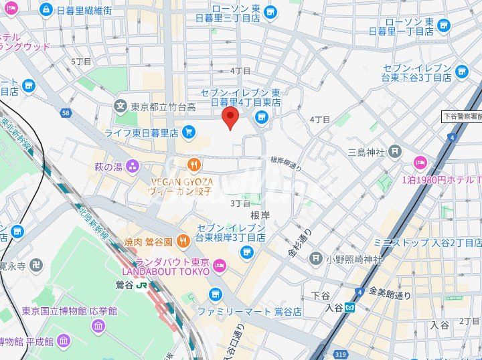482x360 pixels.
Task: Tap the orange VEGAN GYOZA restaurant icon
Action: pyautogui.click(x=193, y=164)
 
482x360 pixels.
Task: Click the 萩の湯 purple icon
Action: pyautogui.click(x=133, y=166)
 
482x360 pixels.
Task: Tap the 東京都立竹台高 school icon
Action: pyautogui.click(x=120, y=106)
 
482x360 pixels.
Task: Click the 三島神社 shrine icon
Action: pyautogui.click(x=395, y=152)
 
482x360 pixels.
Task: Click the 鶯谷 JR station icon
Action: pyautogui.click(x=142, y=284)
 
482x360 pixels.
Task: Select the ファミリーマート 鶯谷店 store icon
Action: pyautogui.click(x=215, y=294)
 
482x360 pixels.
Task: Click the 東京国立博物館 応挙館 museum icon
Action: pyautogui.click(x=98, y=326)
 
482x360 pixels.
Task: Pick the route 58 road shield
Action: pyautogui.click(x=65, y=113)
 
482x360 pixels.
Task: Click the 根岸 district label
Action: pyautogui.click(x=260, y=215)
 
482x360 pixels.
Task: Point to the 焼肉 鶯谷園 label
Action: pyautogui.click(x=149, y=241)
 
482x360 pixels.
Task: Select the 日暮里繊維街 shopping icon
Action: pyautogui.click(x=46, y=10)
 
